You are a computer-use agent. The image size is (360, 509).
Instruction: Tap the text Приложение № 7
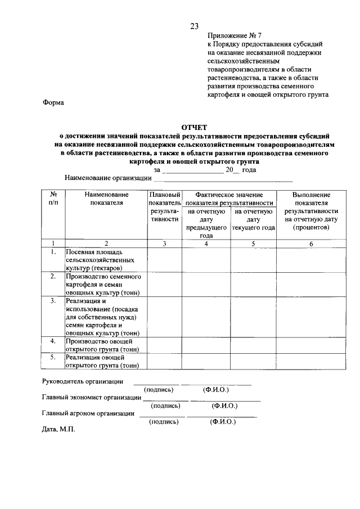click(x=231, y=35)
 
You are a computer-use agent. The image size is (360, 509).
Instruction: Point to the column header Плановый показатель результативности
click(x=164, y=206)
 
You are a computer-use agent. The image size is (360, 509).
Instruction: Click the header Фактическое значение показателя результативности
click(x=229, y=199)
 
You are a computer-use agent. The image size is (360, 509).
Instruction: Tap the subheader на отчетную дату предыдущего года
click(x=206, y=223)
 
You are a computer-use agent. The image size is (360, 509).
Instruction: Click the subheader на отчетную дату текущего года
click(x=253, y=220)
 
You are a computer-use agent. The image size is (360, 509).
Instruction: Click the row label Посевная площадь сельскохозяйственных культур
click(x=100, y=260)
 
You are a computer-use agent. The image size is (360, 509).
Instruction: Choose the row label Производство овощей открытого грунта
click(x=99, y=345)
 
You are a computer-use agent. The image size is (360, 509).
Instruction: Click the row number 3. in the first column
click(x=53, y=301)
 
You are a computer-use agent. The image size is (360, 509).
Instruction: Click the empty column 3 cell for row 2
click(x=164, y=285)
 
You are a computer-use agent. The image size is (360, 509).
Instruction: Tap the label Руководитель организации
click(x=83, y=381)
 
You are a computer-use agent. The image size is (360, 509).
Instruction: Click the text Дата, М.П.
click(x=58, y=429)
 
